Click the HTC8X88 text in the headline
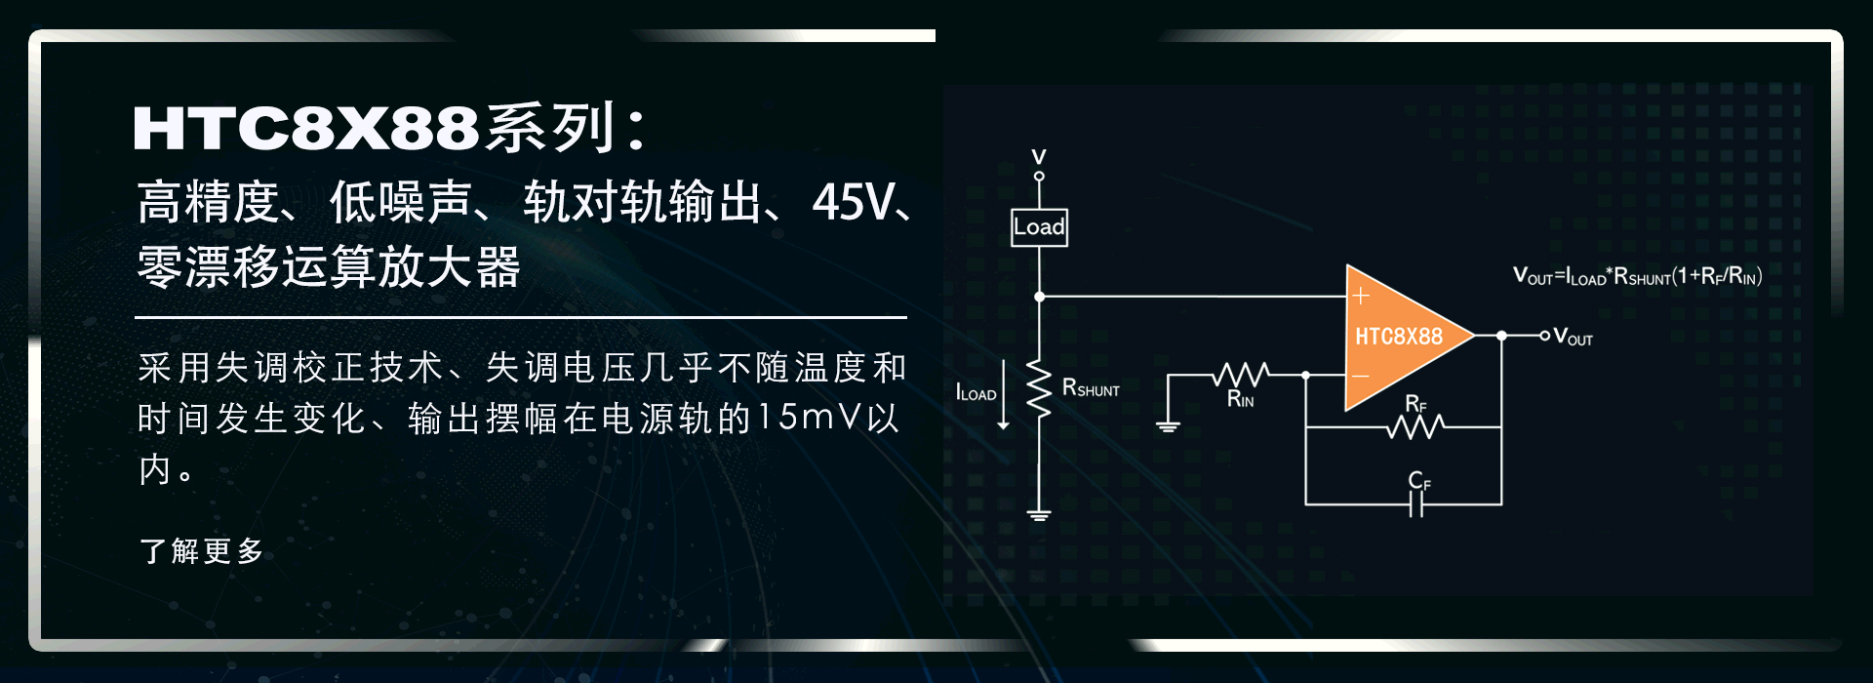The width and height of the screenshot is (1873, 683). pyautogui.click(x=306, y=128)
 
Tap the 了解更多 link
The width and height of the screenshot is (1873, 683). pyautogui.click(x=202, y=551)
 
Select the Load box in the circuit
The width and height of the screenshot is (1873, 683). pyautogui.click(x=1039, y=227)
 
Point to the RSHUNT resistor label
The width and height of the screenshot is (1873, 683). pyautogui.click(x=1091, y=388)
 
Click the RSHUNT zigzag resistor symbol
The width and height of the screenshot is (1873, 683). pyautogui.click(x=1040, y=390)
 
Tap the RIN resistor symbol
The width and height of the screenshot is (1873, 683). pyautogui.click(x=1241, y=374)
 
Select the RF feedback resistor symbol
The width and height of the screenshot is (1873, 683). pyautogui.click(x=1415, y=426)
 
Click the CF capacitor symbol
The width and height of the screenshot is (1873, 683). pyautogui.click(x=1416, y=503)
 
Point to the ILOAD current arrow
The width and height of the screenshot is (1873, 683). pyautogui.click(x=1004, y=395)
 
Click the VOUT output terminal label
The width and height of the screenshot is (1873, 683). pyautogui.click(x=1573, y=338)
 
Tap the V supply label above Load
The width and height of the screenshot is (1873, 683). pyautogui.click(x=1039, y=156)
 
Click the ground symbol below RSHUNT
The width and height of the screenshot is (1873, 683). pyautogui.click(x=1040, y=514)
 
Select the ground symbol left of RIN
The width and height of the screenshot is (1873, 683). pyautogui.click(x=1168, y=424)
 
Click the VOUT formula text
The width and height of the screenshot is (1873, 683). pyautogui.click(x=1637, y=276)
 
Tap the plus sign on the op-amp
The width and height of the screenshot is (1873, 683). pyautogui.click(x=1361, y=295)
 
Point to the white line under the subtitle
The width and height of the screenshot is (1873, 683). pyautogui.click(x=521, y=317)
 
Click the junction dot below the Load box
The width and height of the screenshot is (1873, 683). pyautogui.click(x=1040, y=296)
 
